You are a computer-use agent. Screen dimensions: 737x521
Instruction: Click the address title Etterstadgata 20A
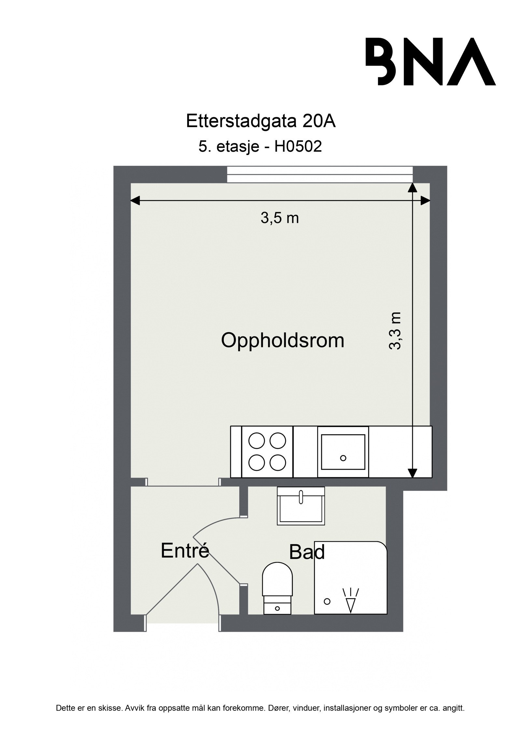[260, 121]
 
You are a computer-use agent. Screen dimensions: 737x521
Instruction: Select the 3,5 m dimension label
[279, 219]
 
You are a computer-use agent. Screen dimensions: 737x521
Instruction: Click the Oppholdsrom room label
[282, 341]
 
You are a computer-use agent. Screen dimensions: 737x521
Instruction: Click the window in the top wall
[320, 175]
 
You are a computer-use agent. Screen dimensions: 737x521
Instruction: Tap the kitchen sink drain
[343, 458]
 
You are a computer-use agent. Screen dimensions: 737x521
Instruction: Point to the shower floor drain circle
[327, 601]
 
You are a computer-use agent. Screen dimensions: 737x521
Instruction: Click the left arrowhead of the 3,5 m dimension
[135, 201]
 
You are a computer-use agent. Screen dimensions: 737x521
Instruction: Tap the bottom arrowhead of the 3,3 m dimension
[413, 473]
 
